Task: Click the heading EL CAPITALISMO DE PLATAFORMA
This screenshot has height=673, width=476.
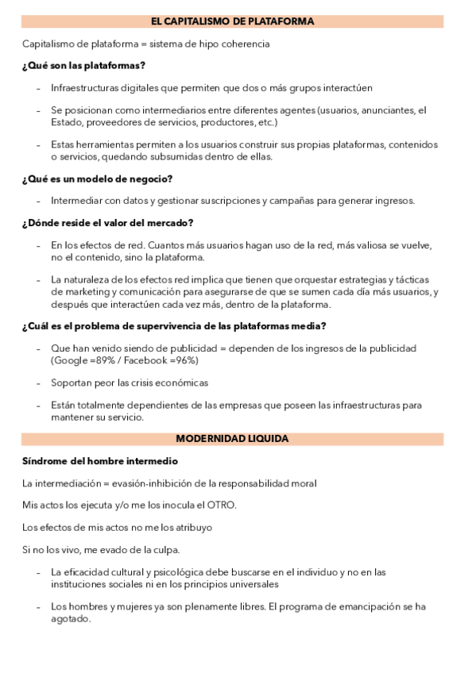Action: click(233, 21)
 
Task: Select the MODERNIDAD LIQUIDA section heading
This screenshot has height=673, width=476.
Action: click(232, 438)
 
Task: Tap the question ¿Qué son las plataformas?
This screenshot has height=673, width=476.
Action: click(83, 65)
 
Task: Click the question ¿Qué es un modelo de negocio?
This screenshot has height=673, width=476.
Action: click(97, 179)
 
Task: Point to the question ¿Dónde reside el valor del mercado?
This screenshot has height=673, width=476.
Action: click(108, 223)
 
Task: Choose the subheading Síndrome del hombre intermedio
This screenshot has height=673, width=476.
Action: click(99, 460)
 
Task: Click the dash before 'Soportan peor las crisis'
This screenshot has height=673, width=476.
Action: click(38, 383)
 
